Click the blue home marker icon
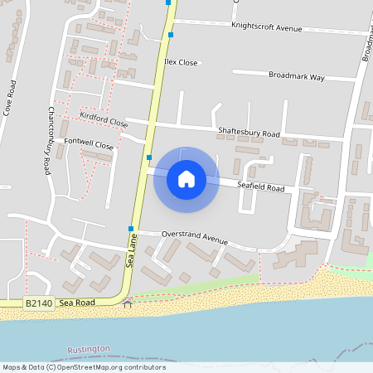point(186,178)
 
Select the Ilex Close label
point(182,62)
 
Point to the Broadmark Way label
point(297,77)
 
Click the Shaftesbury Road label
point(249,133)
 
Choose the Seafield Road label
point(260,188)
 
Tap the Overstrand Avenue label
point(194,237)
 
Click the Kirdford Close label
point(104,119)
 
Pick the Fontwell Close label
point(89,144)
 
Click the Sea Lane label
point(131,249)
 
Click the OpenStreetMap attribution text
point(83,367)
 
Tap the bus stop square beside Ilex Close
point(171,35)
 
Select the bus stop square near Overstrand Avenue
point(131,228)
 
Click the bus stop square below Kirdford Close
point(149,157)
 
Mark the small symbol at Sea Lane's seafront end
point(127,303)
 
